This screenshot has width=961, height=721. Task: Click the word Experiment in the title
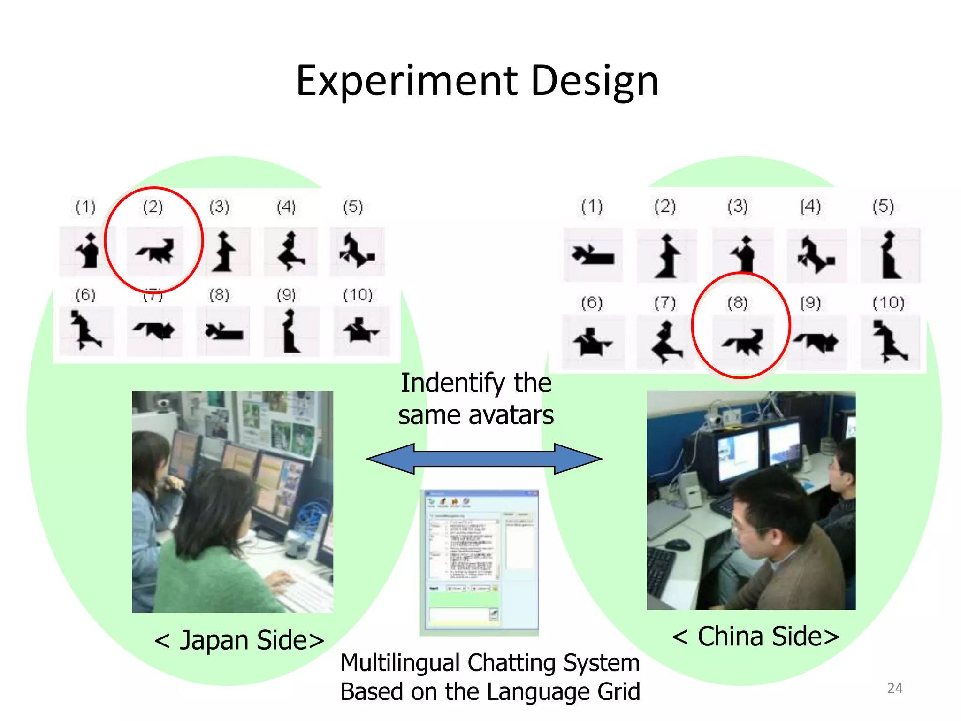coord(406,81)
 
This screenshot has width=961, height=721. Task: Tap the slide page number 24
coord(894,688)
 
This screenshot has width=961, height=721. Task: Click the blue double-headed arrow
coord(484,459)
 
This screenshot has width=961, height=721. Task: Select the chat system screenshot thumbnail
coord(479,562)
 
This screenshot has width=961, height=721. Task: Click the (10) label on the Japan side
coord(358,295)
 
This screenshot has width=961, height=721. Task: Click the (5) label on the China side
coord(883,207)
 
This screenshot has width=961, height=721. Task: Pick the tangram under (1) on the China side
coord(593,255)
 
